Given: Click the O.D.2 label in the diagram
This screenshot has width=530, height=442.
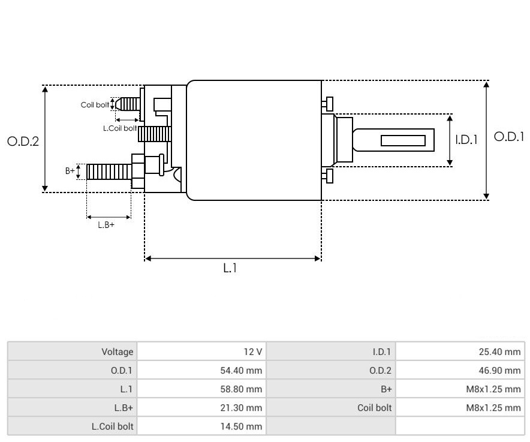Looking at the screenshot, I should (x=23, y=142).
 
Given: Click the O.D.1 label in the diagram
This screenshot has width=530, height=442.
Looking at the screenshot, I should (x=508, y=137).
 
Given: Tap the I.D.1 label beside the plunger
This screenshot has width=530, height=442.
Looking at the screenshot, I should (x=466, y=140).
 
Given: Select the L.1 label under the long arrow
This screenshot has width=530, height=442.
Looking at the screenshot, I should (x=230, y=269).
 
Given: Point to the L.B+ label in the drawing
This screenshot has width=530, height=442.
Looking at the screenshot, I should (x=106, y=225).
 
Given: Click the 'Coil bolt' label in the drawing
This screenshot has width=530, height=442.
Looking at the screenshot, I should (x=95, y=105).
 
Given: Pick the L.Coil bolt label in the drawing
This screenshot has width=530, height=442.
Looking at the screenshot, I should (x=120, y=128).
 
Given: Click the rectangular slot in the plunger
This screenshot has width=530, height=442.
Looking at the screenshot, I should (x=403, y=141).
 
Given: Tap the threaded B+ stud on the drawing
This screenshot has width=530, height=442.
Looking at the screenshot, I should (x=108, y=172).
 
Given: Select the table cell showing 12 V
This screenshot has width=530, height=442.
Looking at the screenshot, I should (x=201, y=352).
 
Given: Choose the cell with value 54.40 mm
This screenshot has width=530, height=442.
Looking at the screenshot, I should (x=201, y=371).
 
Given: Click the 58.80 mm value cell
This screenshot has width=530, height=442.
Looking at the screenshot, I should (x=201, y=389).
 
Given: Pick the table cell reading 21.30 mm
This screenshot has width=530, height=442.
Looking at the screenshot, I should (x=201, y=408).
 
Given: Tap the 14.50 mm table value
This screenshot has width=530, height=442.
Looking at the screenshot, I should (x=201, y=426).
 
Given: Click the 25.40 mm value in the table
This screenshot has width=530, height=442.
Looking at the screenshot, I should (x=459, y=352).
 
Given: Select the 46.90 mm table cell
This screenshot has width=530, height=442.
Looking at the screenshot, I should (x=459, y=371).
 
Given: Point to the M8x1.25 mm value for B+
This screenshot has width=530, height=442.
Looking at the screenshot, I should (x=459, y=389).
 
